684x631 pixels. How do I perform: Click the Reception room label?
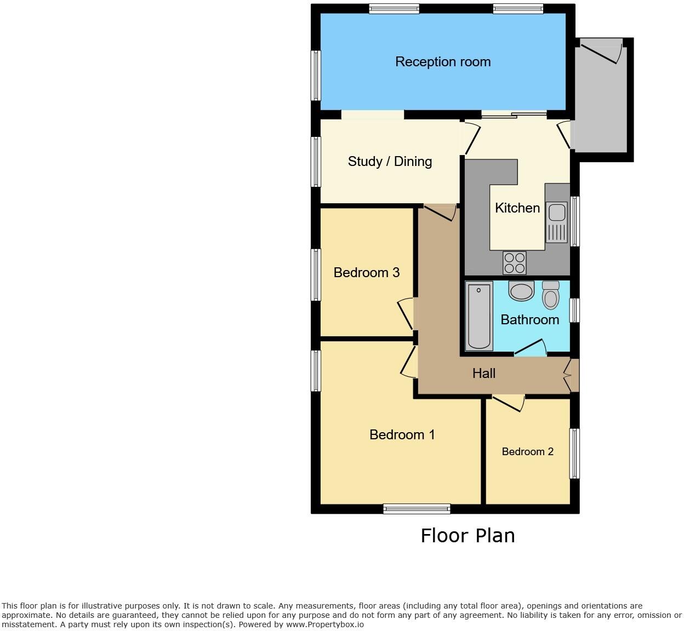[x=443, y=62]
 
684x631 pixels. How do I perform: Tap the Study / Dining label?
[x=390, y=162]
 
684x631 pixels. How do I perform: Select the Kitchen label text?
[x=517, y=208]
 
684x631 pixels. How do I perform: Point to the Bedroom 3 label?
[x=366, y=273]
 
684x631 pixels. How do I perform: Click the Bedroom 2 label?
[x=527, y=452]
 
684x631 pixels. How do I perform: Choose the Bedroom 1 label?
[x=402, y=435]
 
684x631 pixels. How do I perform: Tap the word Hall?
[x=484, y=374]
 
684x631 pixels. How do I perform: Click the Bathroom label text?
[x=529, y=320]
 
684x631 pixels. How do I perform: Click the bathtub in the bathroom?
[x=479, y=315]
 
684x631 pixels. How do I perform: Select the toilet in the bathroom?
[x=550, y=296]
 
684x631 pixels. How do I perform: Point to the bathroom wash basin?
[x=521, y=291]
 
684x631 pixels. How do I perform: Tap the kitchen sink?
[x=557, y=221]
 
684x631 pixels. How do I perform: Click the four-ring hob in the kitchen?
[x=515, y=263]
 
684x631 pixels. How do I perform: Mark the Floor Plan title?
[x=468, y=536]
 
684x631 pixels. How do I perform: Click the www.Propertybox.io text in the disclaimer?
[x=324, y=624]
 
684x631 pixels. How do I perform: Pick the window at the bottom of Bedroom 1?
[x=417, y=509]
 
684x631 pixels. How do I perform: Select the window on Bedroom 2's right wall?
[x=574, y=454]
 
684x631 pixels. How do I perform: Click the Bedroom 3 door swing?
[x=406, y=314]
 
